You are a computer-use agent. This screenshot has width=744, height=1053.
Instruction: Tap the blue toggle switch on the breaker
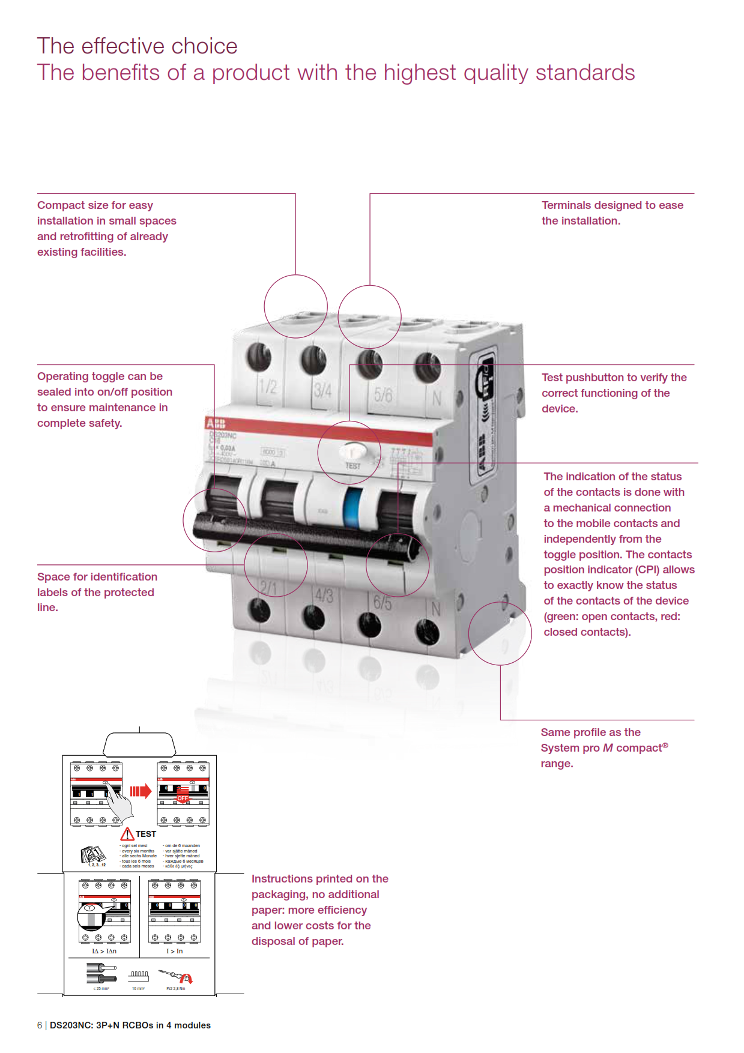coord(352,508)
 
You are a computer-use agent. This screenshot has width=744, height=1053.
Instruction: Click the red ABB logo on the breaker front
coord(216,423)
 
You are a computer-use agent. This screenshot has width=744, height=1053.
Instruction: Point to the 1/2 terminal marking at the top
coord(268,386)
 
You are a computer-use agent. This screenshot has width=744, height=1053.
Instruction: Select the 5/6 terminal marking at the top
coord(383,394)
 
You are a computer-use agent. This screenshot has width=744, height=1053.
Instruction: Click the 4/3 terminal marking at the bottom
coord(324,595)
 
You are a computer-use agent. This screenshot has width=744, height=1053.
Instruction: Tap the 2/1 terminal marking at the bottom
coord(268,587)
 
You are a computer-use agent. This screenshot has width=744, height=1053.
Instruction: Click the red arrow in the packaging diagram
coord(141,791)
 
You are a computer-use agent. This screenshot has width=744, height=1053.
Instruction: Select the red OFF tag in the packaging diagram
coord(183,798)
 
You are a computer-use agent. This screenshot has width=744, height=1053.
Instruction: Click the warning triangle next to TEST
coord(127,834)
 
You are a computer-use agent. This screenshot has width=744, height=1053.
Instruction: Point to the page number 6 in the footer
coord(40,1025)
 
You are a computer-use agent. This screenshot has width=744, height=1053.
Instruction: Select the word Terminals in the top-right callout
coord(567,205)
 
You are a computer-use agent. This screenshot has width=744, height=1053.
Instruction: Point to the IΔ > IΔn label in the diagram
coord(104,952)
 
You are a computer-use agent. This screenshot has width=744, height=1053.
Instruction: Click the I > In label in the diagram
coord(175,952)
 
